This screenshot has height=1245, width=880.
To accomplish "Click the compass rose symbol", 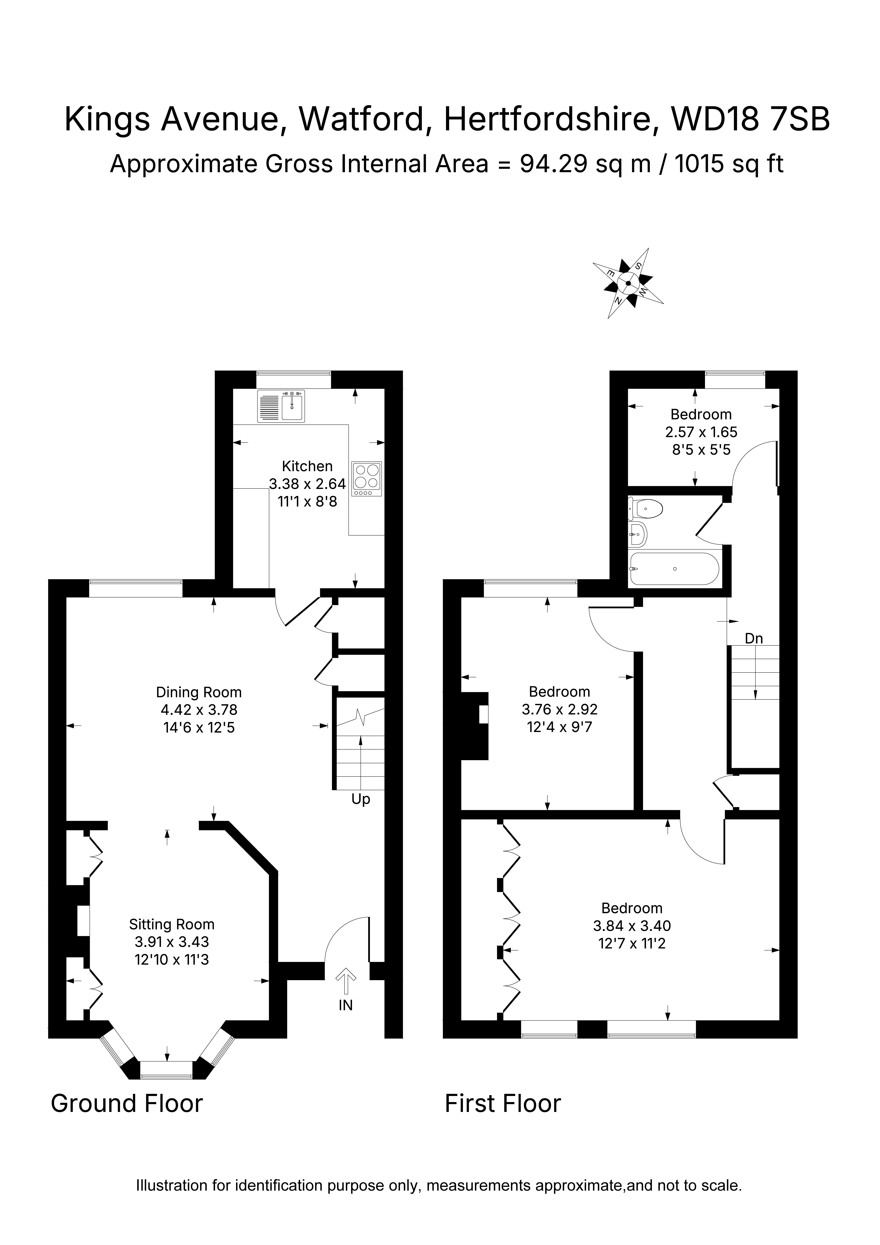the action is tap(628, 283).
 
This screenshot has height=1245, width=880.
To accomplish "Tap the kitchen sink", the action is tap(282, 406).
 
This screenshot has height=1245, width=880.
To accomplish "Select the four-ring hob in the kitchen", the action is tap(367, 478).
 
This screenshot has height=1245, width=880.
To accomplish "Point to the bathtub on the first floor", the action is tap(674, 569).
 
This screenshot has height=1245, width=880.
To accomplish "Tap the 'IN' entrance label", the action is tap(346, 1005).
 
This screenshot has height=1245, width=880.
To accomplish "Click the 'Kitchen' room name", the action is tap(307, 466).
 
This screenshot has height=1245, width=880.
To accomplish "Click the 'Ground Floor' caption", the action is tap(127, 1104).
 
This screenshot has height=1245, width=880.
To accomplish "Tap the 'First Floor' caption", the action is tap(503, 1104).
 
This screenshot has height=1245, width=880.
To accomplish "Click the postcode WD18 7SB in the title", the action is tap(751, 119).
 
